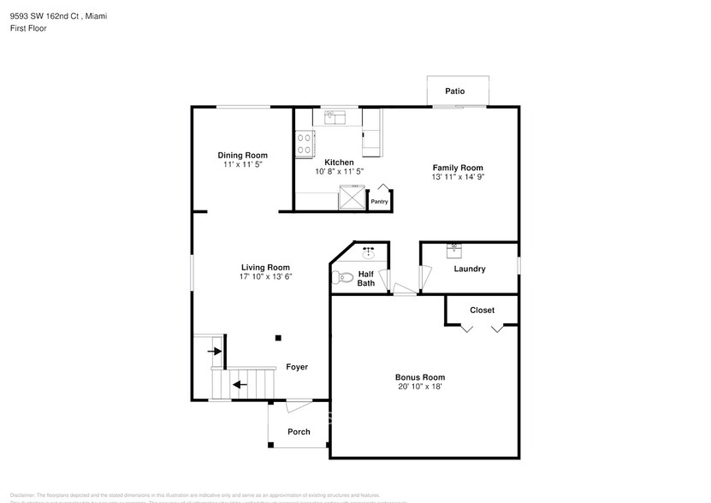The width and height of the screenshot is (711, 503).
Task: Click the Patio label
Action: pos(454,91)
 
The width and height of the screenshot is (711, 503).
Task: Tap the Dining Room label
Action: pos(242,155)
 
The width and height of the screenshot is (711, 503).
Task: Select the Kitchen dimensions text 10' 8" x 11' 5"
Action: pos(340,171)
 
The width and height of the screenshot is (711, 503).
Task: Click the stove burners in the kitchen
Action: pos(304,143)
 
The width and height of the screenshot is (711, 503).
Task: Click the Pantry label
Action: pos(379,202)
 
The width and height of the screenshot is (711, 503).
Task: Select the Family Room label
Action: pos(458,168)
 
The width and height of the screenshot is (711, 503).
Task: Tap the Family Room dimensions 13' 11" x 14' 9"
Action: pos(458,177)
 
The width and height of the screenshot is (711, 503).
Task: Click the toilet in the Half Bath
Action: pos(344,277)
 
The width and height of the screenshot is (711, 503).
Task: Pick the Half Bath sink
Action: pos(370,253)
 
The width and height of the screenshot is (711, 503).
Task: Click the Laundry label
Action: pos(470,269)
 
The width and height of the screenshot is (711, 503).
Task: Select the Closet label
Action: pos(482,310)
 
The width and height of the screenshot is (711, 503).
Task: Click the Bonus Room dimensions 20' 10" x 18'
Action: pos(420,386)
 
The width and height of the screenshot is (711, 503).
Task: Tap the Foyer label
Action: pos(297,367)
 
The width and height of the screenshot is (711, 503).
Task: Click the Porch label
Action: pos(299,431)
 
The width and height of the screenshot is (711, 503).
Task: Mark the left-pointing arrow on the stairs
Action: pos(240,384)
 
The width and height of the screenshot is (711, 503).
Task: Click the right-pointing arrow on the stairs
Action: pos(215,351)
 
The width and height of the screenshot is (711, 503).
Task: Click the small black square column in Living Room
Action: pos(277,338)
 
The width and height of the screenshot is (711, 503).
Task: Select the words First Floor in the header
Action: pos(29,28)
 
